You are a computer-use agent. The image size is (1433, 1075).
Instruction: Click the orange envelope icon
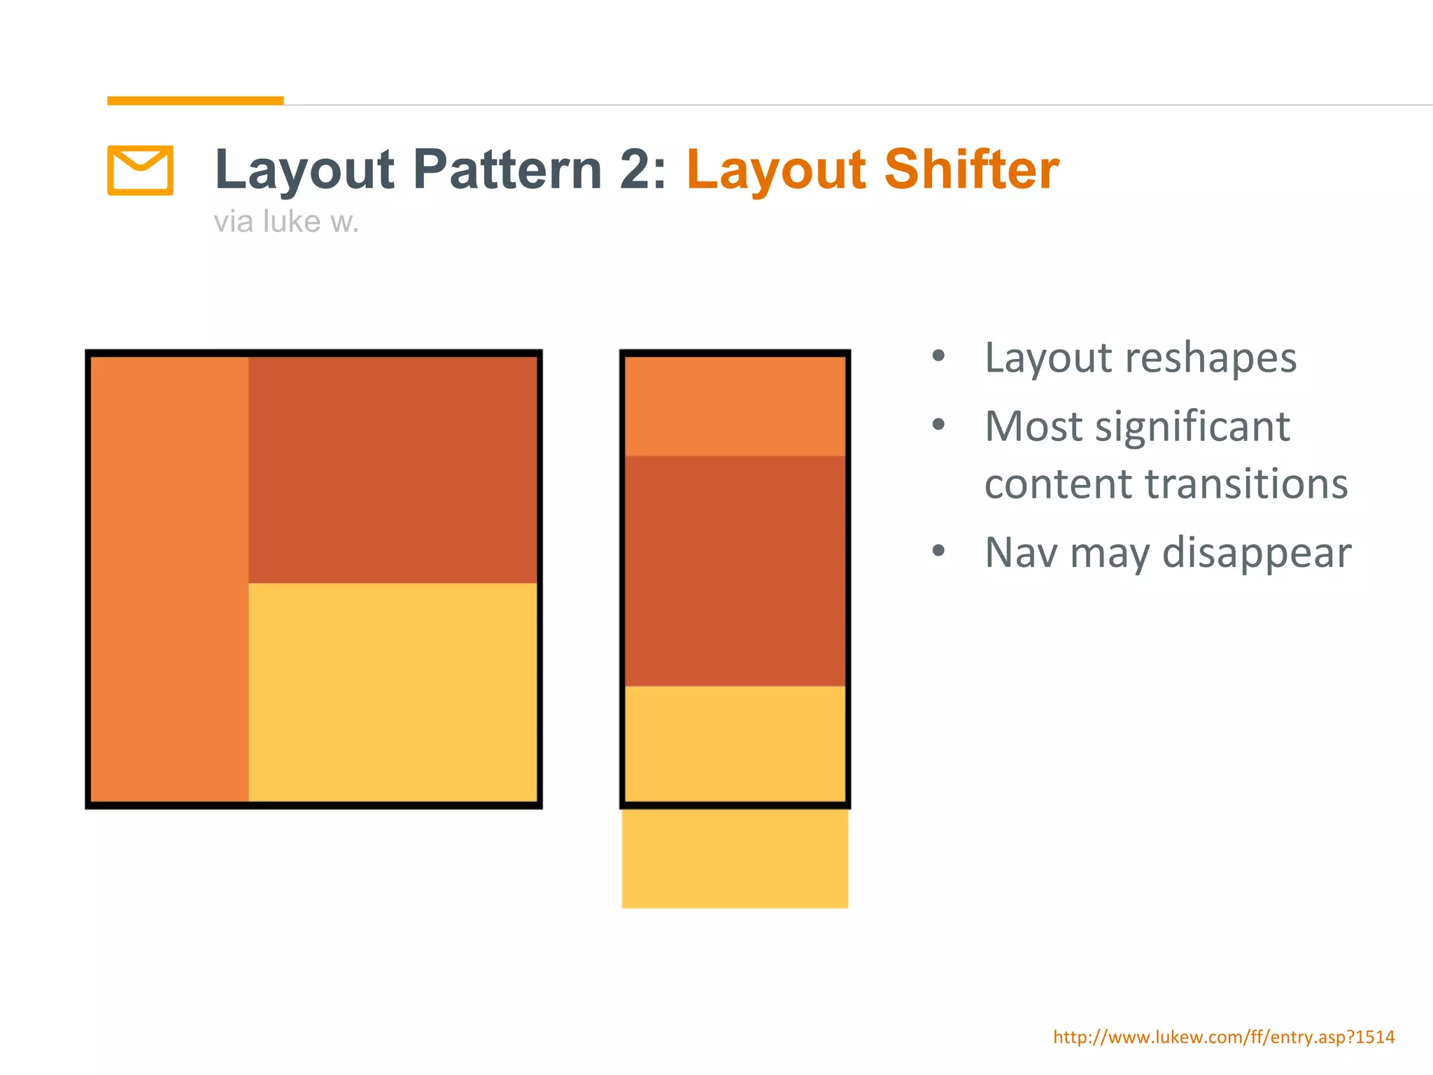click(140, 170)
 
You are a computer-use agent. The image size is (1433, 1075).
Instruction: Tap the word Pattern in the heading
click(507, 169)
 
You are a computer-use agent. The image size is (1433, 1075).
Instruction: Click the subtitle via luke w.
click(285, 222)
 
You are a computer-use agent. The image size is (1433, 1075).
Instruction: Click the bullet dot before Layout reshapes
click(938, 356)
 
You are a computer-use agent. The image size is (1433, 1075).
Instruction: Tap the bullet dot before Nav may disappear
click(938, 550)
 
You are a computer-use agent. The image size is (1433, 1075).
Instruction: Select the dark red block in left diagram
click(393, 470)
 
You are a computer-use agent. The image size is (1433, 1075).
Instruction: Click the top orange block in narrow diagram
click(735, 407)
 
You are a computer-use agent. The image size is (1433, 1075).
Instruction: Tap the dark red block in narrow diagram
click(735, 570)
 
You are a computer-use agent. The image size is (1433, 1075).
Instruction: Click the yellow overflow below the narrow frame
click(735, 859)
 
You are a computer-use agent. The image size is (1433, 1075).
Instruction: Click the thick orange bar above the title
click(195, 101)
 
